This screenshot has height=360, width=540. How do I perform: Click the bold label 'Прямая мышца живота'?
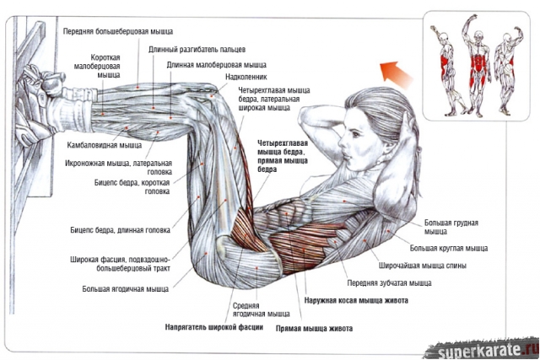[314, 327]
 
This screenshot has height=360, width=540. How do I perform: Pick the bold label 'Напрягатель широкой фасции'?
[213, 327]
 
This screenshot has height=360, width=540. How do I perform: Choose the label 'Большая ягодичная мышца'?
[125, 288]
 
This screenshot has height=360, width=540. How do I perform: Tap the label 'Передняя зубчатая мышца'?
[389, 283]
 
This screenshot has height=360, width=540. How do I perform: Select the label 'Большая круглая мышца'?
[448, 249]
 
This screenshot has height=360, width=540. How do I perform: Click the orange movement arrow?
[389, 68]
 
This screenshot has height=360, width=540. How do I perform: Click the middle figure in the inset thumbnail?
[478, 65]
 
